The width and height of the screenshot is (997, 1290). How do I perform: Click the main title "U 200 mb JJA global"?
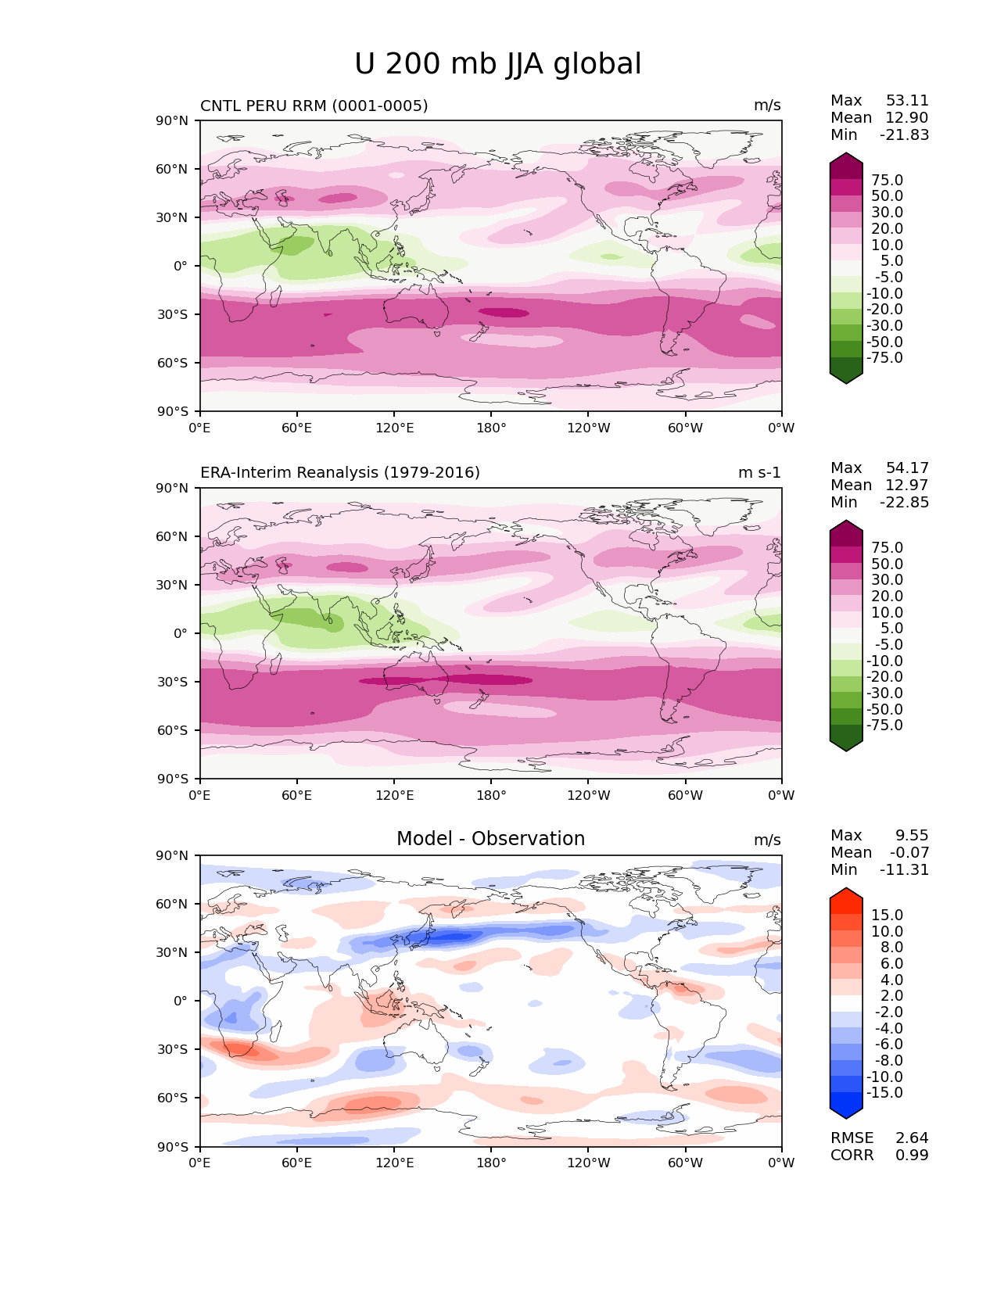[x=497, y=64]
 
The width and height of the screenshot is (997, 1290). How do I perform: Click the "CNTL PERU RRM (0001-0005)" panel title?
[x=314, y=106]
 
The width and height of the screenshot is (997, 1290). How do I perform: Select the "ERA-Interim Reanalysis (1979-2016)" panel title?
[x=340, y=472]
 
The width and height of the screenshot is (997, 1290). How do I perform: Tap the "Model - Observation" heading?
[x=490, y=839]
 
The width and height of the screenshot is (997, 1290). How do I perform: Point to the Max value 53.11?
[x=907, y=100]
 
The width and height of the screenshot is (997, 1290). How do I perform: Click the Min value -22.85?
[x=904, y=502]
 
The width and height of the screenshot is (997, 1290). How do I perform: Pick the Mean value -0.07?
[x=909, y=852]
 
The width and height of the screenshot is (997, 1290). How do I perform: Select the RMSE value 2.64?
[x=912, y=1138]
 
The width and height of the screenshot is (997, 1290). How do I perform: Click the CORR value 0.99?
[x=912, y=1155]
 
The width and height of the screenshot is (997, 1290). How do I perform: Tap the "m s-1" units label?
[x=759, y=472]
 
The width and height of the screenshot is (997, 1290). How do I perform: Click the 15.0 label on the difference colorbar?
[x=887, y=915]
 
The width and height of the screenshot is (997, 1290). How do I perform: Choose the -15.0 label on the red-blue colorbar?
[x=884, y=1092]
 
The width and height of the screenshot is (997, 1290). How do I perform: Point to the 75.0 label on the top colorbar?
[x=887, y=180]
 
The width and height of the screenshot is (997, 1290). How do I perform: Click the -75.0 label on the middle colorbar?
[x=884, y=725]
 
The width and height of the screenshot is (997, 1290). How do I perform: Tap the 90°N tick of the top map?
[x=172, y=120]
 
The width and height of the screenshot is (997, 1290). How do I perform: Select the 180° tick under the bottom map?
[x=491, y=1163]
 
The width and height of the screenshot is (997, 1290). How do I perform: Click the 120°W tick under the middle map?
[x=588, y=795]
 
